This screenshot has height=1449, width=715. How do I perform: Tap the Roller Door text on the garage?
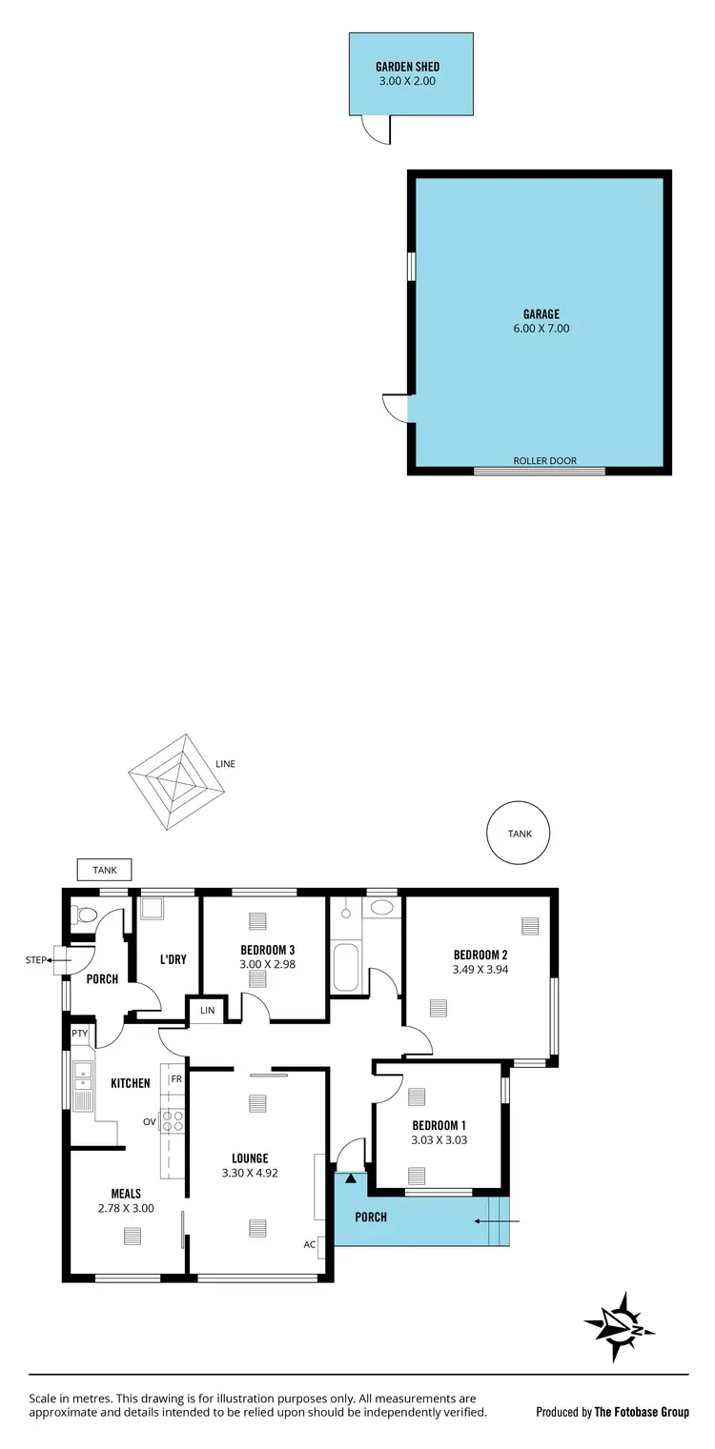[x=544, y=461]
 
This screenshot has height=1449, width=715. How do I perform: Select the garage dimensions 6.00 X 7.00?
[x=541, y=329]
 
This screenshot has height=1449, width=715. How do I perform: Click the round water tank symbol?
[x=520, y=834]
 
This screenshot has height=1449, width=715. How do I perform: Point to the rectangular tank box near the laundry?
[x=104, y=870]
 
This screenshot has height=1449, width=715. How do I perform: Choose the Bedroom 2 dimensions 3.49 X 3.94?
[x=480, y=971]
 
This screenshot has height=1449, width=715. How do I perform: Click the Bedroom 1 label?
[x=439, y=1123]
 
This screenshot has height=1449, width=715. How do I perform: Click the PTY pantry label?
[x=79, y=1033]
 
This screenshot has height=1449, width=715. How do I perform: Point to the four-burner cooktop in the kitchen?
[x=172, y=1121]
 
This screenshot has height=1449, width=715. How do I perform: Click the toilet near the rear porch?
[x=86, y=916]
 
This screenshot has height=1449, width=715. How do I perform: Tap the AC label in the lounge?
[x=310, y=1244]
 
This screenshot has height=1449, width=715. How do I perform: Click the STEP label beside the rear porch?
[x=35, y=960]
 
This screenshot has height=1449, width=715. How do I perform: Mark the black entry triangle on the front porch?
[x=351, y=1178]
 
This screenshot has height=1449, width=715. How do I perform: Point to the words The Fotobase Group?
[x=642, y=1412]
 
